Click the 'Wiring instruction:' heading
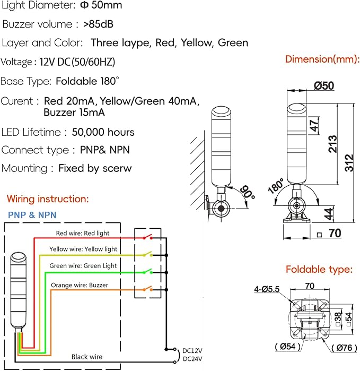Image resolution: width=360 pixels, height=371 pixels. [48, 199]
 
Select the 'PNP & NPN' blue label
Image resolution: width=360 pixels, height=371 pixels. [32, 215]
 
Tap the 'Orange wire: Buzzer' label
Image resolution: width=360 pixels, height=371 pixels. [79, 285]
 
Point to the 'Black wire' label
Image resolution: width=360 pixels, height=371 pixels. [87, 357]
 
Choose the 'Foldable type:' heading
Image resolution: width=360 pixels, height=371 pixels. [319, 270]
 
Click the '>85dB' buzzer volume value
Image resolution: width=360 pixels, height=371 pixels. [98, 24]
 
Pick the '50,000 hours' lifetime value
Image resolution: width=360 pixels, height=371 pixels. [103, 132]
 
